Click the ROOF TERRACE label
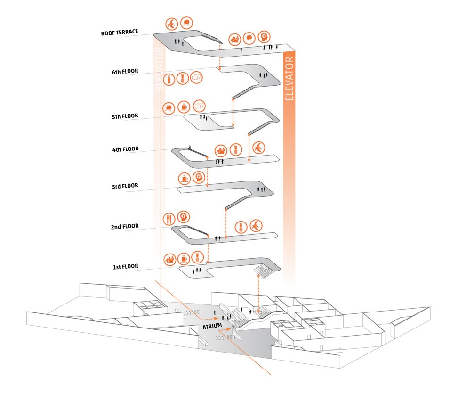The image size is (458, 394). [120, 33]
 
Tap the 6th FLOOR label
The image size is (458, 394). [125, 72]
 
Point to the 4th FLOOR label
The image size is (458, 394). [125, 149]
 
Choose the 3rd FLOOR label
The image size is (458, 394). [125, 186]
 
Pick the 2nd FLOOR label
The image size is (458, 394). [125, 227]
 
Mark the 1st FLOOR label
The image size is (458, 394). [125, 267]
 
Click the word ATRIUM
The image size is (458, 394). [212, 326]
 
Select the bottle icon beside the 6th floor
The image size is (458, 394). [167, 79]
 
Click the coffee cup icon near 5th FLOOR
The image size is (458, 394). [184, 107]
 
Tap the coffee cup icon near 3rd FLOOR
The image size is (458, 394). [185, 179]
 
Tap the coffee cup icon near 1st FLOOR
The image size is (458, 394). [184, 258]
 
